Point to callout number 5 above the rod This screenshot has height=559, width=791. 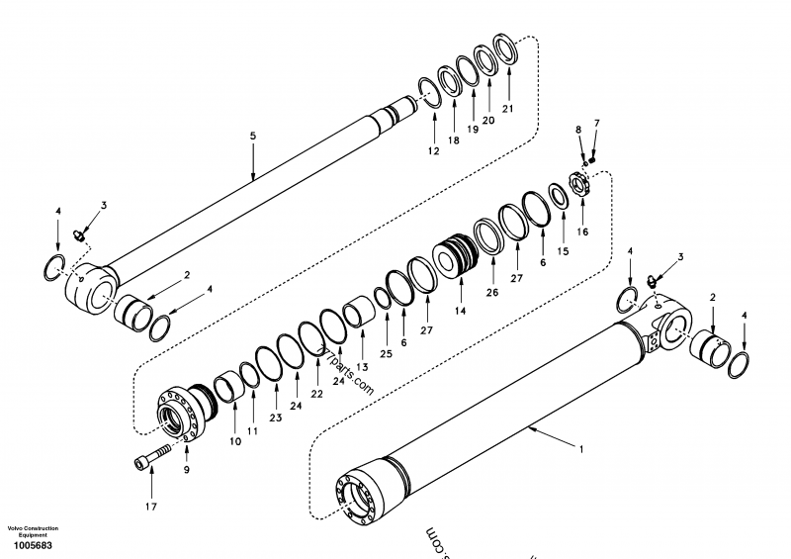coord(253,135)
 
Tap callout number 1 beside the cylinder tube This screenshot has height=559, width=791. coord(581,449)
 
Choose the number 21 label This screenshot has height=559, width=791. coord(508,108)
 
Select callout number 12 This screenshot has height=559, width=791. coord(433,151)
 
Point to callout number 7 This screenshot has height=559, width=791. coord(596,123)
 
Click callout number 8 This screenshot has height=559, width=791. coord(579,130)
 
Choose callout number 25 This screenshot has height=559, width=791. coord(386,354)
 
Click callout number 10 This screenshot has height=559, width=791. coord(235,441)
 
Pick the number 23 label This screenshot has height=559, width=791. coord(274,418)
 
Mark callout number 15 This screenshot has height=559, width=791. coord(563,252)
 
